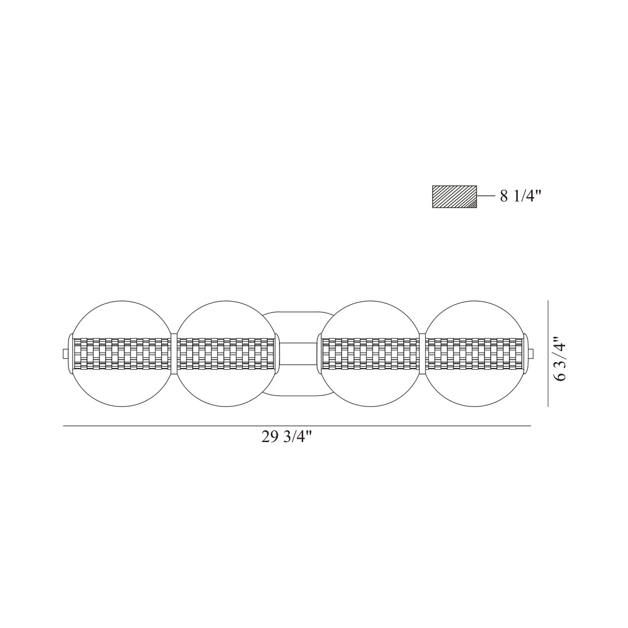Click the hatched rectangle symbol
[x=454, y=197]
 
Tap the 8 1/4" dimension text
[x=521, y=196]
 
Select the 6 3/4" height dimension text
[x=560, y=359]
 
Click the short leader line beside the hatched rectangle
[x=486, y=196]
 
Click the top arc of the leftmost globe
[x=122, y=301]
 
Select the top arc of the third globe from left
[x=372, y=301]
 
